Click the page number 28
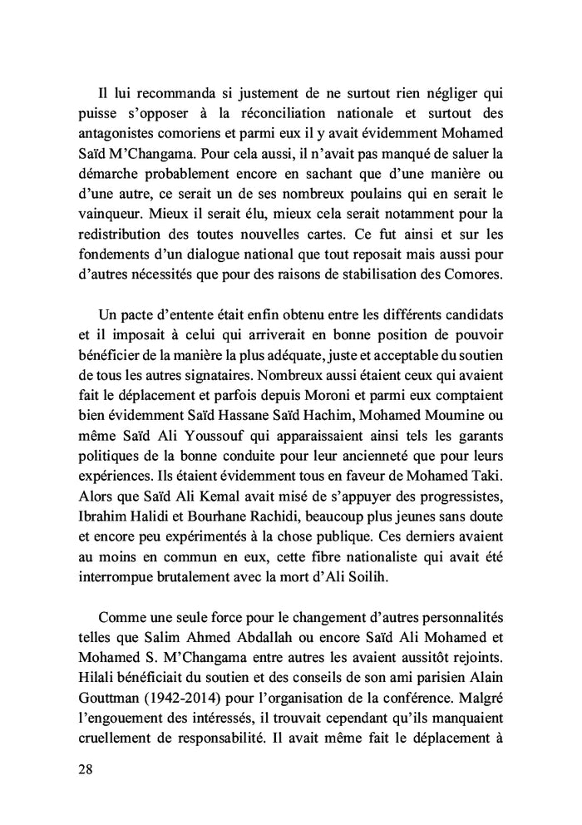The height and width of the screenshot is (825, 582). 83,769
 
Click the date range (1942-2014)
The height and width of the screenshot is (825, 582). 177,713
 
